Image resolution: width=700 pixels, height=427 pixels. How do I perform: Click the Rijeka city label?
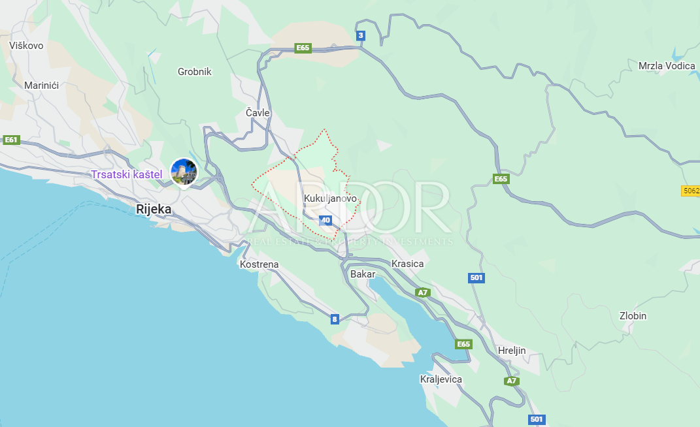[x=154, y=210]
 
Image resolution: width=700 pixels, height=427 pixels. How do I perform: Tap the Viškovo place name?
[x=26, y=46]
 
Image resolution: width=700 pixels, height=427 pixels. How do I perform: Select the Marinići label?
[x=42, y=86]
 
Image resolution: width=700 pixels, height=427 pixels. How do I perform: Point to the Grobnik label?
[x=195, y=72]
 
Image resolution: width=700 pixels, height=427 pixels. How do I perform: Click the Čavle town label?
[x=258, y=113]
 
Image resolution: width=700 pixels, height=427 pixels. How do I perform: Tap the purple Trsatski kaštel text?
[x=127, y=174]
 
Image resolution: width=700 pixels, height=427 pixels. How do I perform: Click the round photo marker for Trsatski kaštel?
[x=184, y=171]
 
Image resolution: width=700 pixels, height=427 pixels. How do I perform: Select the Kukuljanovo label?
[x=331, y=198]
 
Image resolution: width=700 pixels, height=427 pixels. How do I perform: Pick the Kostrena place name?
[x=259, y=264]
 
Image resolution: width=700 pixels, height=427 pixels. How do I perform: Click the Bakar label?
[x=363, y=274]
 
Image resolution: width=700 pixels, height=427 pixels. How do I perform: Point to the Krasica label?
[x=407, y=264]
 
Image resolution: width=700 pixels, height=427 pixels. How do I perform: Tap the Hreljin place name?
[x=512, y=351]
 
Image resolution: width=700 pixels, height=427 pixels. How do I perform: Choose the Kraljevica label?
[x=441, y=379]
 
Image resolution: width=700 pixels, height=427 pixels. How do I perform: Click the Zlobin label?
[x=633, y=316]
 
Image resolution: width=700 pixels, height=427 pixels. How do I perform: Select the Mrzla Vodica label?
[x=667, y=66]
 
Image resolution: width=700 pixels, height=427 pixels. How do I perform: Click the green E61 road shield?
[x=11, y=140]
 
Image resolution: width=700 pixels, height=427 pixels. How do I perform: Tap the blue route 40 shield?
[x=326, y=221]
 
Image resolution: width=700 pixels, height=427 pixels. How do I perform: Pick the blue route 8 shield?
[x=335, y=319]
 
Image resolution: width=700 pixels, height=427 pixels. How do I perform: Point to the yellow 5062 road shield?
[x=690, y=191]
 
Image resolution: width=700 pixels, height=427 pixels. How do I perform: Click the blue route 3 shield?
[x=361, y=35]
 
